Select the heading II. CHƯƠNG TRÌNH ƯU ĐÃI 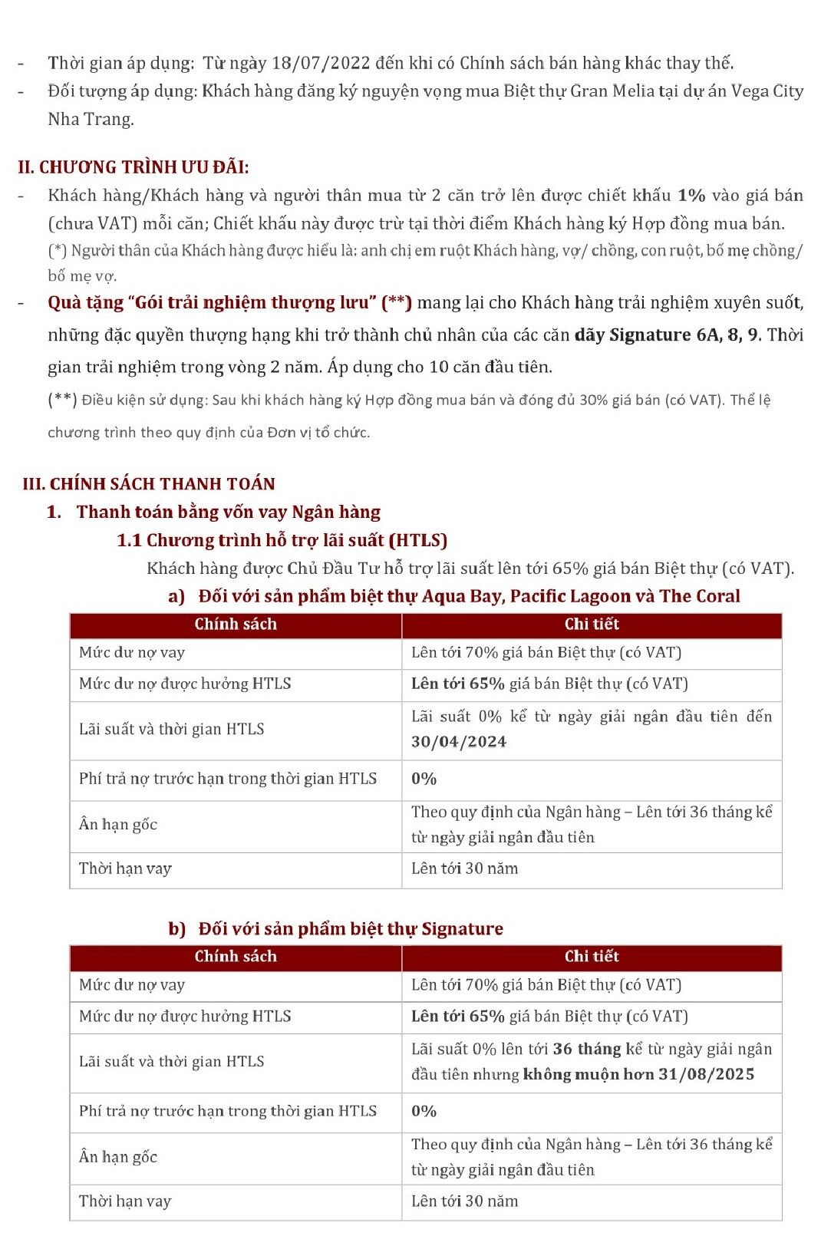click(134, 167)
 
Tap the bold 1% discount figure click(691, 196)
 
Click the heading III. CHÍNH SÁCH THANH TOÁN click(149, 483)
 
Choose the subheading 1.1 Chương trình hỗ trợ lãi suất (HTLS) click(282, 540)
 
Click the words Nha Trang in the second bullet click(91, 120)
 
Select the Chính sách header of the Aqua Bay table click(236, 625)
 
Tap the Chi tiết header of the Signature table click(592, 957)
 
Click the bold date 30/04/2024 click(459, 742)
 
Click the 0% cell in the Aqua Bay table click(424, 779)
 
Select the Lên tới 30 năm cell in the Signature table click(464, 1201)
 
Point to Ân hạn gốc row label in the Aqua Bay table click(118, 825)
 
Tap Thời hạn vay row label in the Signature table click(125, 1201)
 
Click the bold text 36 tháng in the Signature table click(587, 1049)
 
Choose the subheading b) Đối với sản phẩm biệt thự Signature click(335, 929)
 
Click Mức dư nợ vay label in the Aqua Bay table click(132, 653)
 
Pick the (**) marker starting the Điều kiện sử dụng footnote click(62, 400)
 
